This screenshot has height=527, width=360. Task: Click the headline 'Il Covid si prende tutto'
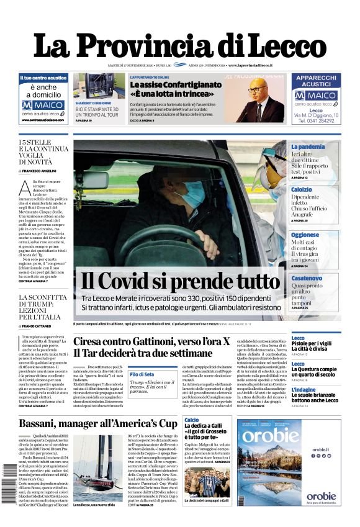pyautogui.click(x=180, y=281)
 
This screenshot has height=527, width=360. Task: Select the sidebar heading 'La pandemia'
pyautogui.click(x=308, y=146)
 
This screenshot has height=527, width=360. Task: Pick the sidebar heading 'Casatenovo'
pyautogui.click(x=307, y=278)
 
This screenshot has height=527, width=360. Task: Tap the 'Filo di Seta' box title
pyautogui.click(x=142, y=374)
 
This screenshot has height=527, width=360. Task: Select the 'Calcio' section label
pyautogui.click(x=192, y=420)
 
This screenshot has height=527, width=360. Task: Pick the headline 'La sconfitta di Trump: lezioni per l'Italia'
pyautogui.click(x=43, y=307)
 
